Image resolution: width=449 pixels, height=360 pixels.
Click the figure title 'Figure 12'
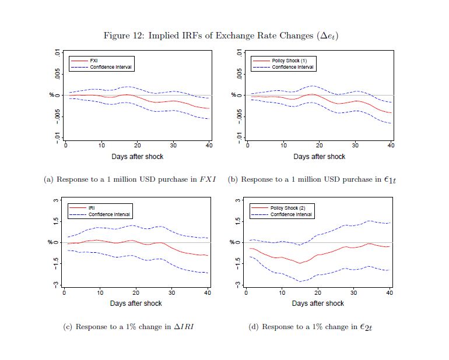click(x=124, y=36)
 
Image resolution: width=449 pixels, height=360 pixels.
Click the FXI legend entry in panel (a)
click(x=93, y=61)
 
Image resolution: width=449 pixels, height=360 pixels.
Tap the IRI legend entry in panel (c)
click(x=92, y=207)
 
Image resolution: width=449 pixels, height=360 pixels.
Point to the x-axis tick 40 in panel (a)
click(x=209, y=145)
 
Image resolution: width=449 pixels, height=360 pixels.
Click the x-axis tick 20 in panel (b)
click(x=320, y=145)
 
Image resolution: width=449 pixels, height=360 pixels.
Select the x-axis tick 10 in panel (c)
click(x=100, y=292)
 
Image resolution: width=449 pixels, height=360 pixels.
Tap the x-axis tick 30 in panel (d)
click(x=354, y=292)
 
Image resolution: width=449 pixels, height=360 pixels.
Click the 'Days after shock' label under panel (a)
click(x=138, y=157)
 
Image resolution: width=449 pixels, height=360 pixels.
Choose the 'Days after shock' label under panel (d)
click(x=318, y=303)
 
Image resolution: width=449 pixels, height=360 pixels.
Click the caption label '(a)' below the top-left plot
click(x=49, y=179)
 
